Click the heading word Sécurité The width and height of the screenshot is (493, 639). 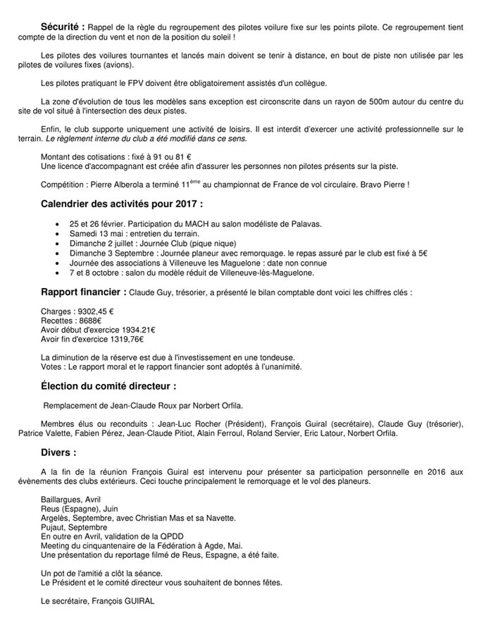pyautogui.click(x=63, y=26)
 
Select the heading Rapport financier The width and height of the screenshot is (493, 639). pyautogui.click(x=84, y=292)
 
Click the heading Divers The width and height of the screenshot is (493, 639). pyautogui.click(x=58, y=452)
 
